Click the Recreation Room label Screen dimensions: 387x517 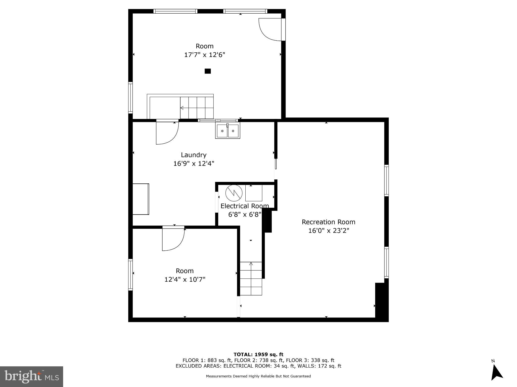coord(328,222)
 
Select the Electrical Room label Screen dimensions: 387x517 coord(244,206)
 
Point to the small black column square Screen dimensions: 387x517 coord(208,71)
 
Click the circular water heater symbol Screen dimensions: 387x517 coord(234,193)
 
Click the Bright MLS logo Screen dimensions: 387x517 coord(32,377)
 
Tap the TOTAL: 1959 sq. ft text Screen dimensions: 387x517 coord(258,354)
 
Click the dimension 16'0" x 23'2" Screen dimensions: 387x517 coord(328,231)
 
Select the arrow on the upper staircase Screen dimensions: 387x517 coord(182,108)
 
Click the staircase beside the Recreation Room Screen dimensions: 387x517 coord(251,278)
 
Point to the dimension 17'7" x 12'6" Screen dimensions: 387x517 coord(204,55)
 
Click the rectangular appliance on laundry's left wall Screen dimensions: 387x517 coord(141,199)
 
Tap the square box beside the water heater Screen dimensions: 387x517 coord(254,193)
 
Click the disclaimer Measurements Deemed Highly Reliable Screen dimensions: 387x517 coord(258,376)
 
